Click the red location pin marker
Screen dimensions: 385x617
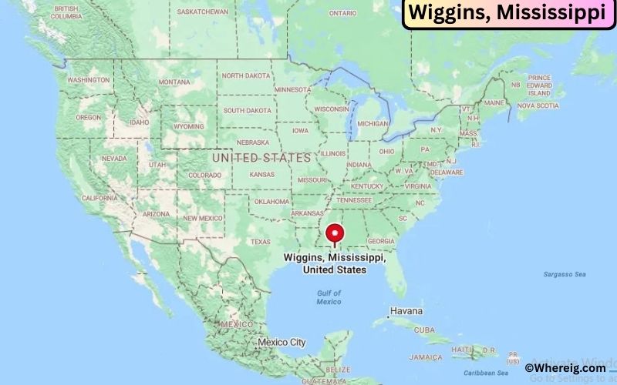point(334,233)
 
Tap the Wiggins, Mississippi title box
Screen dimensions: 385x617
point(506,14)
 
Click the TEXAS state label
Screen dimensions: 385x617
point(260,241)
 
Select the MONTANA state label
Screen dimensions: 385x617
point(174,82)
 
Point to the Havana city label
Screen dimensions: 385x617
point(406,311)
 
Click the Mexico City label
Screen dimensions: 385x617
point(282,342)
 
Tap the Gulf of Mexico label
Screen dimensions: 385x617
point(329,297)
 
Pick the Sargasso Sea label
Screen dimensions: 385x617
point(565,274)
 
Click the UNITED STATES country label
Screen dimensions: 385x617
point(261,157)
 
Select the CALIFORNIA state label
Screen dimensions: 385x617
point(100,198)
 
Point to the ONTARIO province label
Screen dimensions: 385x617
point(342,13)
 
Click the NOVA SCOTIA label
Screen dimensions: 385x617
point(537,105)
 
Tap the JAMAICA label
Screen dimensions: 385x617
point(426,357)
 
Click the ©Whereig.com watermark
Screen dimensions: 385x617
point(565,369)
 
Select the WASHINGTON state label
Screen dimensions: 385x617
point(88,80)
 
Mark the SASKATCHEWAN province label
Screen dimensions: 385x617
point(202,12)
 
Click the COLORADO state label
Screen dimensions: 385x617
point(204,175)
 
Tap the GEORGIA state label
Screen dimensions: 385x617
point(381,241)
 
